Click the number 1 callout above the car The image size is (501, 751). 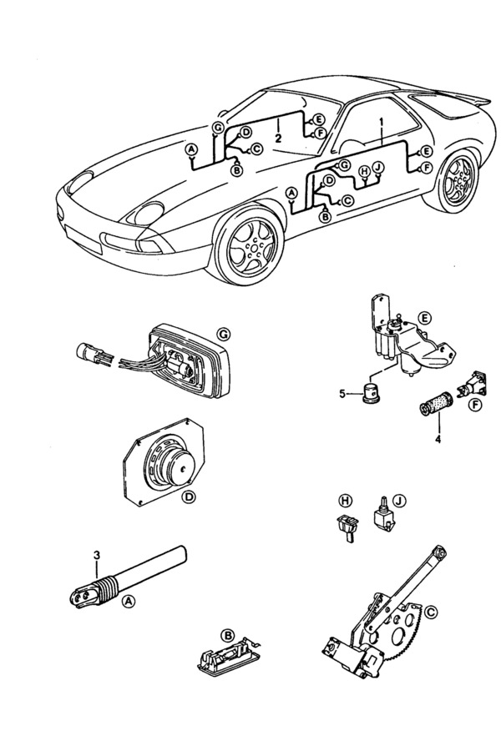click(382, 122)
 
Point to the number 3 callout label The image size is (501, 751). click(97, 555)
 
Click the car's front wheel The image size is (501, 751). click(250, 245)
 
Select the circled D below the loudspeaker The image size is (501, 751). click(189, 498)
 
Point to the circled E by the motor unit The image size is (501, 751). click(424, 319)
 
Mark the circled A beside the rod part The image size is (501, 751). click(128, 601)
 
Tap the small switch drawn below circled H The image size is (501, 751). click(345, 527)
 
